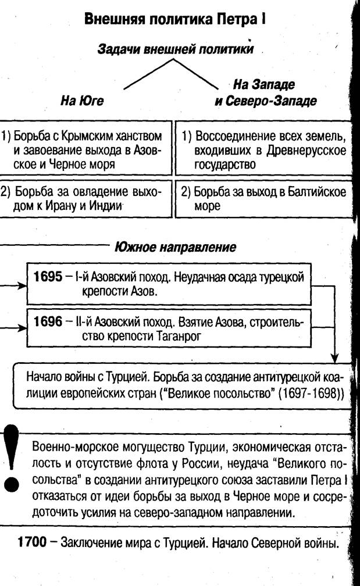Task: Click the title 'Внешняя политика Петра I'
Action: point(175,19)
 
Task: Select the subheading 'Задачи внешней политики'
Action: point(175,49)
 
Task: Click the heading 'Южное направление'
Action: point(175,246)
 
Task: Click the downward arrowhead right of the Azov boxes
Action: point(335,357)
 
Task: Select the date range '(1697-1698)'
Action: point(311,392)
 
